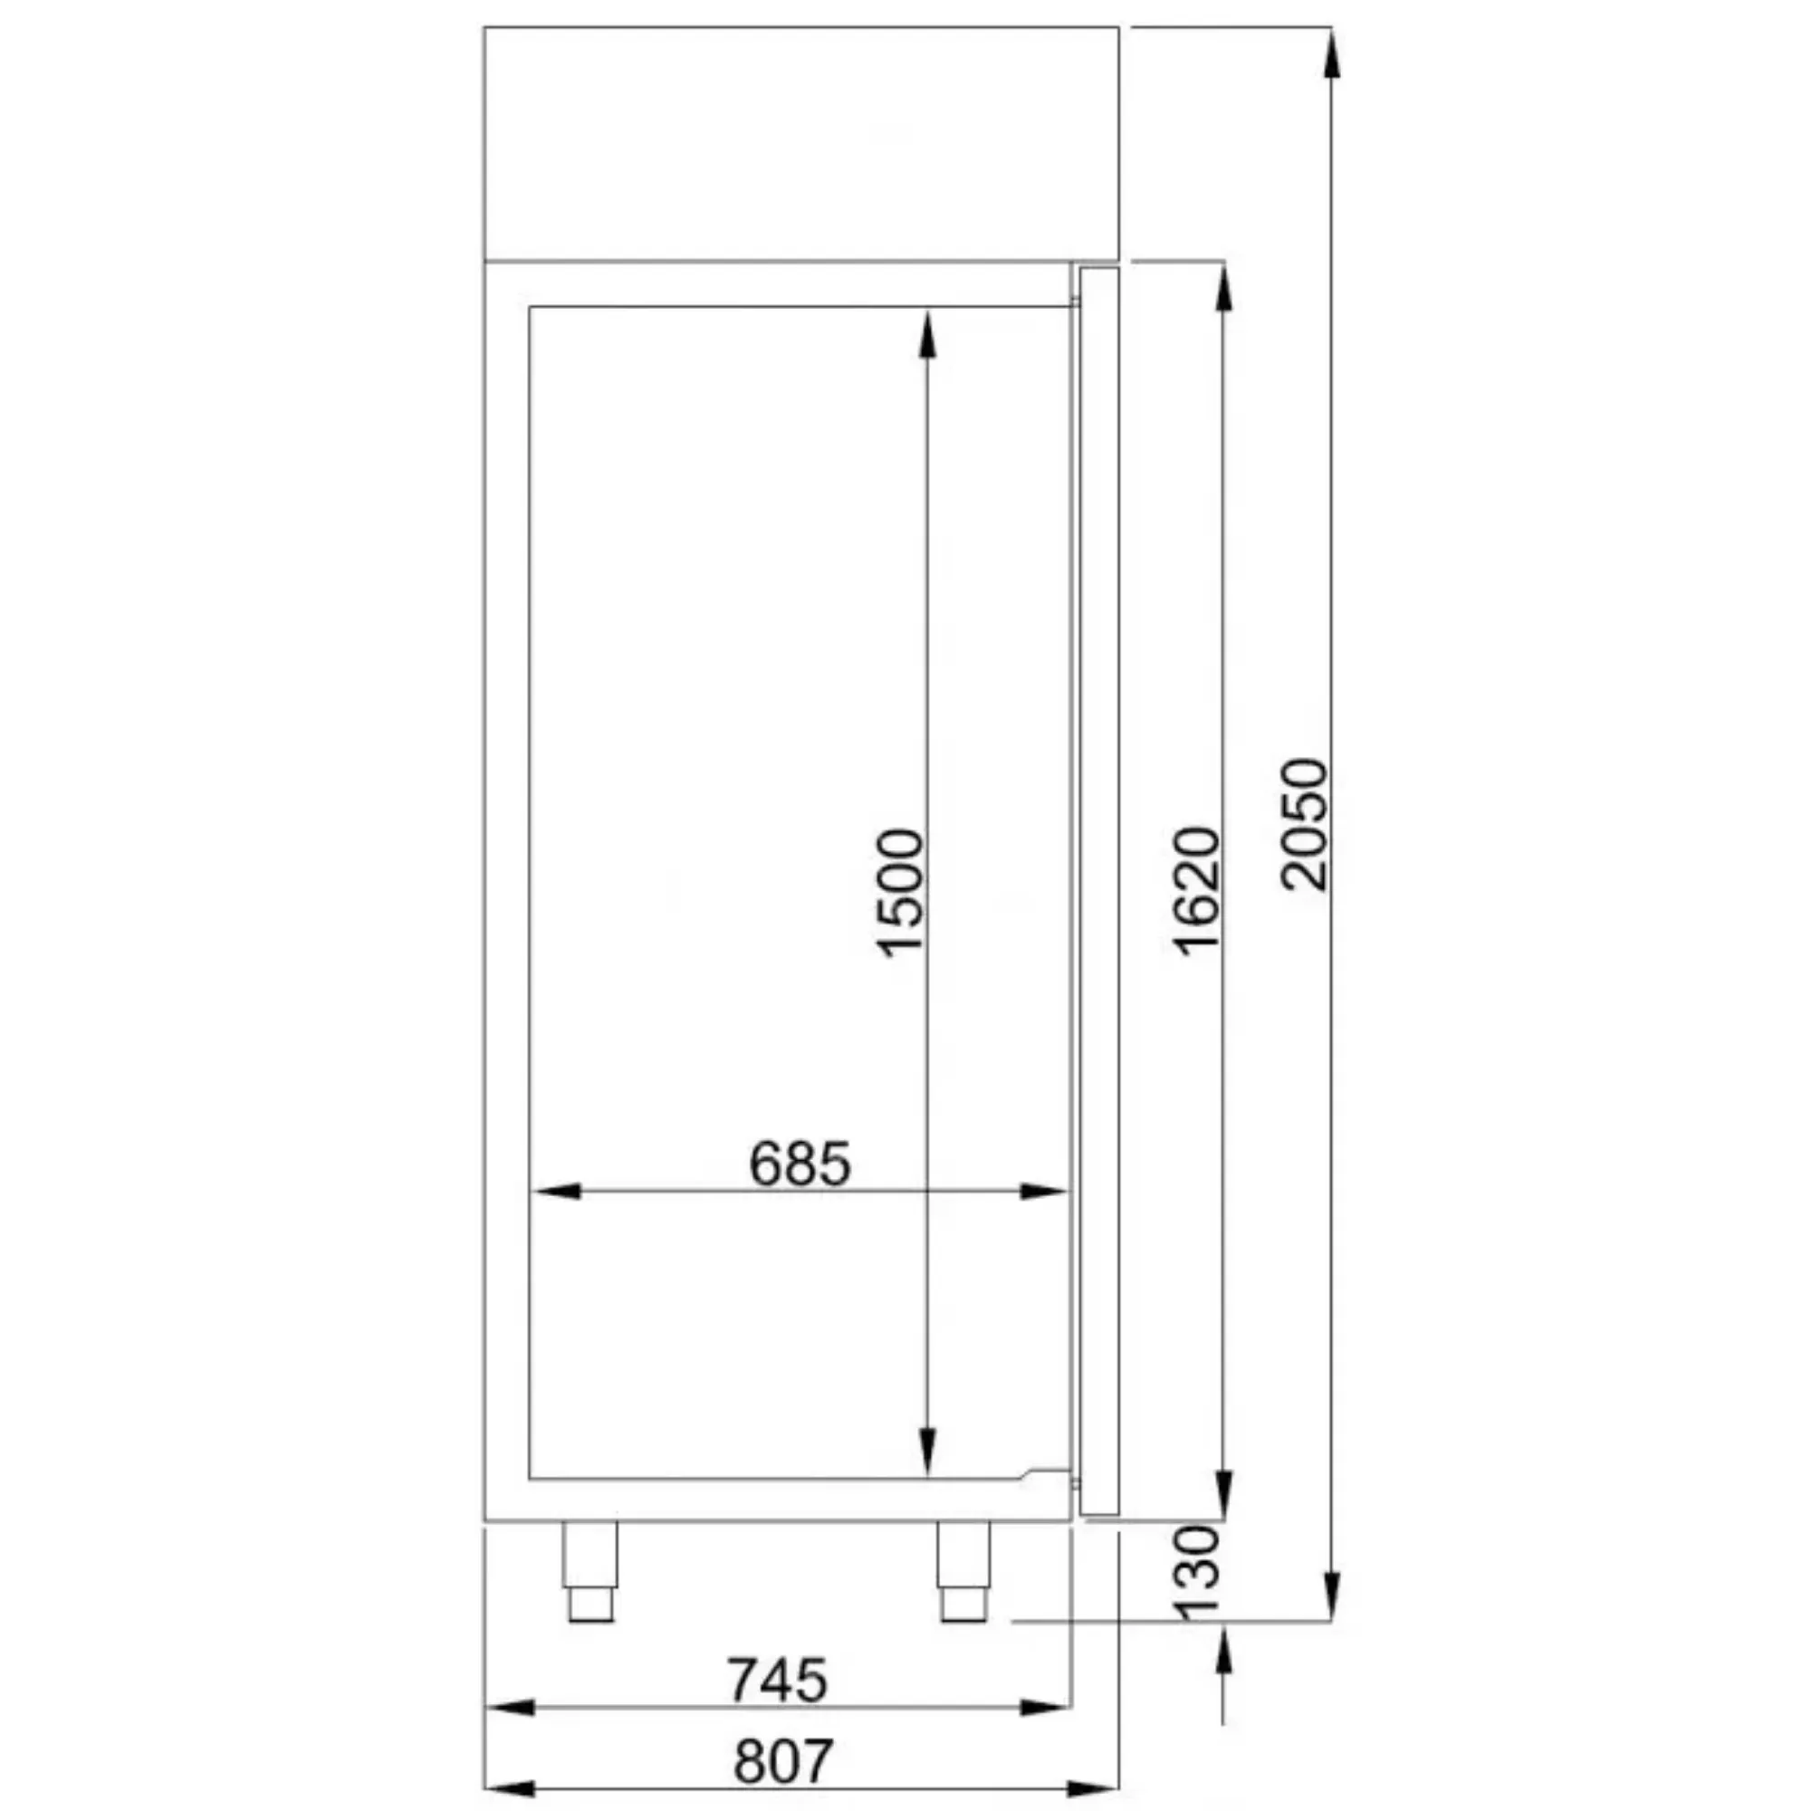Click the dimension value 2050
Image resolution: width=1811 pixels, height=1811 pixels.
pos(1305,825)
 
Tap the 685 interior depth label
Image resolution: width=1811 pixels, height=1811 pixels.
pos(800,1165)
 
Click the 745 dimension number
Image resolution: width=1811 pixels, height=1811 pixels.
pos(778,1681)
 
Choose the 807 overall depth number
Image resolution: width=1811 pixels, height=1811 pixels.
pos(782,1761)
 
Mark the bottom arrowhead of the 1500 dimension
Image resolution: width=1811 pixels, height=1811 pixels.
pos(927,1451)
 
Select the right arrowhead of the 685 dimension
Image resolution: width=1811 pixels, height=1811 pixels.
pos(1042,1192)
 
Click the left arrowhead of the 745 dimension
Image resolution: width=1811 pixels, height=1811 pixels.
pos(511,1708)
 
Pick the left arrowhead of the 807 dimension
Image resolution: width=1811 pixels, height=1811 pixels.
pos(511,1788)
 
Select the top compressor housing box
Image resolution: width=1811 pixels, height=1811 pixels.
pos(800,142)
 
